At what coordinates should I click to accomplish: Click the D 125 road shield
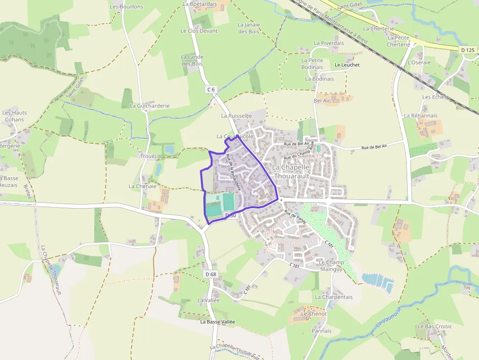pyautogui.click(x=468, y=50)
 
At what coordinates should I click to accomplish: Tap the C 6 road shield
pyautogui.click(x=211, y=89)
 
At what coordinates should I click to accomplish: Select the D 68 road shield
pyautogui.click(x=211, y=274)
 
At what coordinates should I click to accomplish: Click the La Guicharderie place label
pyautogui.click(x=150, y=106)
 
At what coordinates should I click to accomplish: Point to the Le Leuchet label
pyautogui.click(x=347, y=65)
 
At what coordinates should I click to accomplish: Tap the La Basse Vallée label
pyautogui.click(x=218, y=322)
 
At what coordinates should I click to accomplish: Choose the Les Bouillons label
pyautogui.click(x=127, y=7)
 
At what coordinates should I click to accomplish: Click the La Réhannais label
pyautogui.click(x=420, y=116)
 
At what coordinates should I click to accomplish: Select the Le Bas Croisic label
pyautogui.click(x=435, y=326)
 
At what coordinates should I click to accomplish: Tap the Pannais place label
pyautogui.click(x=322, y=331)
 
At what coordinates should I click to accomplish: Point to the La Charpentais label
pyautogui.click(x=334, y=297)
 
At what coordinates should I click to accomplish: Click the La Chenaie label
pyautogui.click(x=142, y=186)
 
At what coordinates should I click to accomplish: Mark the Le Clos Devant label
pyautogui.click(x=199, y=31)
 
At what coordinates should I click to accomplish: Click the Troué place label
pyautogui.click(x=148, y=156)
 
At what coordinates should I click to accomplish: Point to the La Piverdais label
pyautogui.click(x=329, y=43)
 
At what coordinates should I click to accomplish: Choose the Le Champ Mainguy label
pyautogui.click(x=331, y=266)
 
